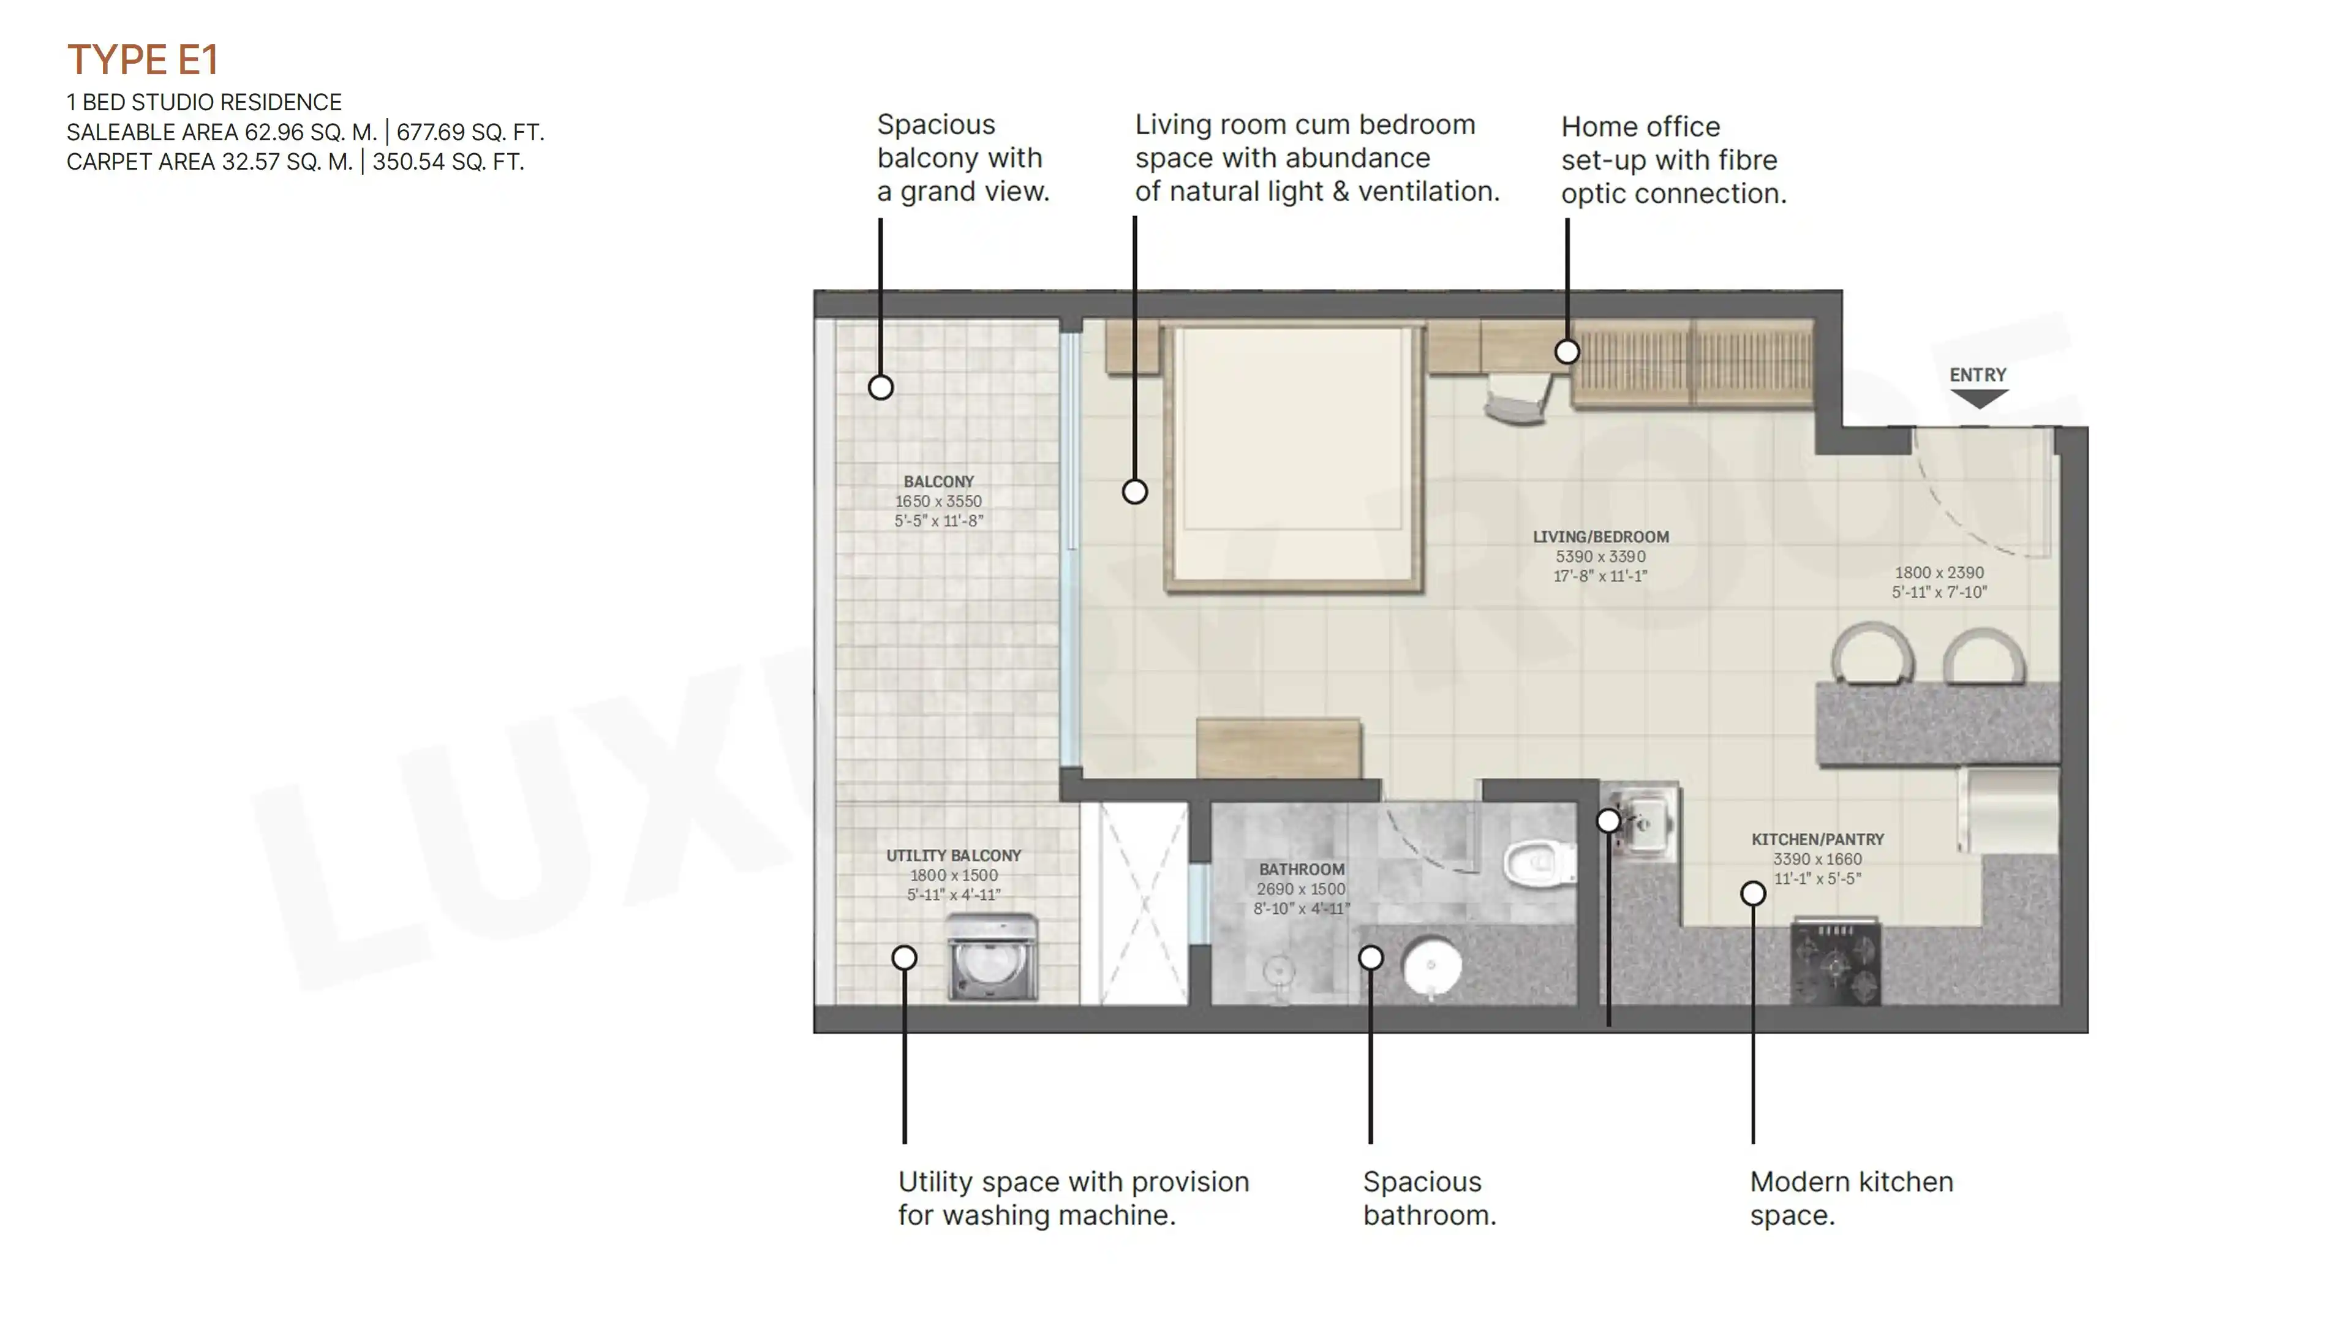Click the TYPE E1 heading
(x=143, y=60)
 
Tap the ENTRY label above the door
(x=1978, y=375)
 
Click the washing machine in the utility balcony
(x=992, y=957)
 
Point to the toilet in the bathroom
(x=1539, y=862)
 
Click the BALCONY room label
(x=938, y=481)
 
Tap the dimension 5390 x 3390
(x=1600, y=557)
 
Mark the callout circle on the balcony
(x=880, y=387)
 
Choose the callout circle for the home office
(x=1567, y=352)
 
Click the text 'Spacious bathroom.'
(x=1430, y=1198)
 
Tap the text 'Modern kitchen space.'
(x=1852, y=1198)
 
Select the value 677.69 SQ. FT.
(x=470, y=132)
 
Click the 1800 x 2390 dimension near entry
(x=1939, y=573)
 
